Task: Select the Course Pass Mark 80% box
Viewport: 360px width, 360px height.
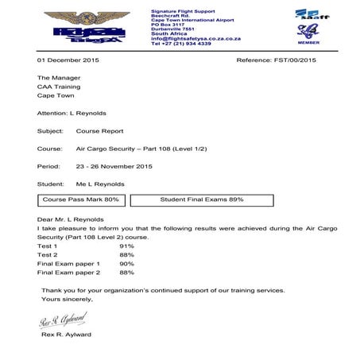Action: point(80,199)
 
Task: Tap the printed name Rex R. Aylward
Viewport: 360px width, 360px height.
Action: point(70,335)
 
